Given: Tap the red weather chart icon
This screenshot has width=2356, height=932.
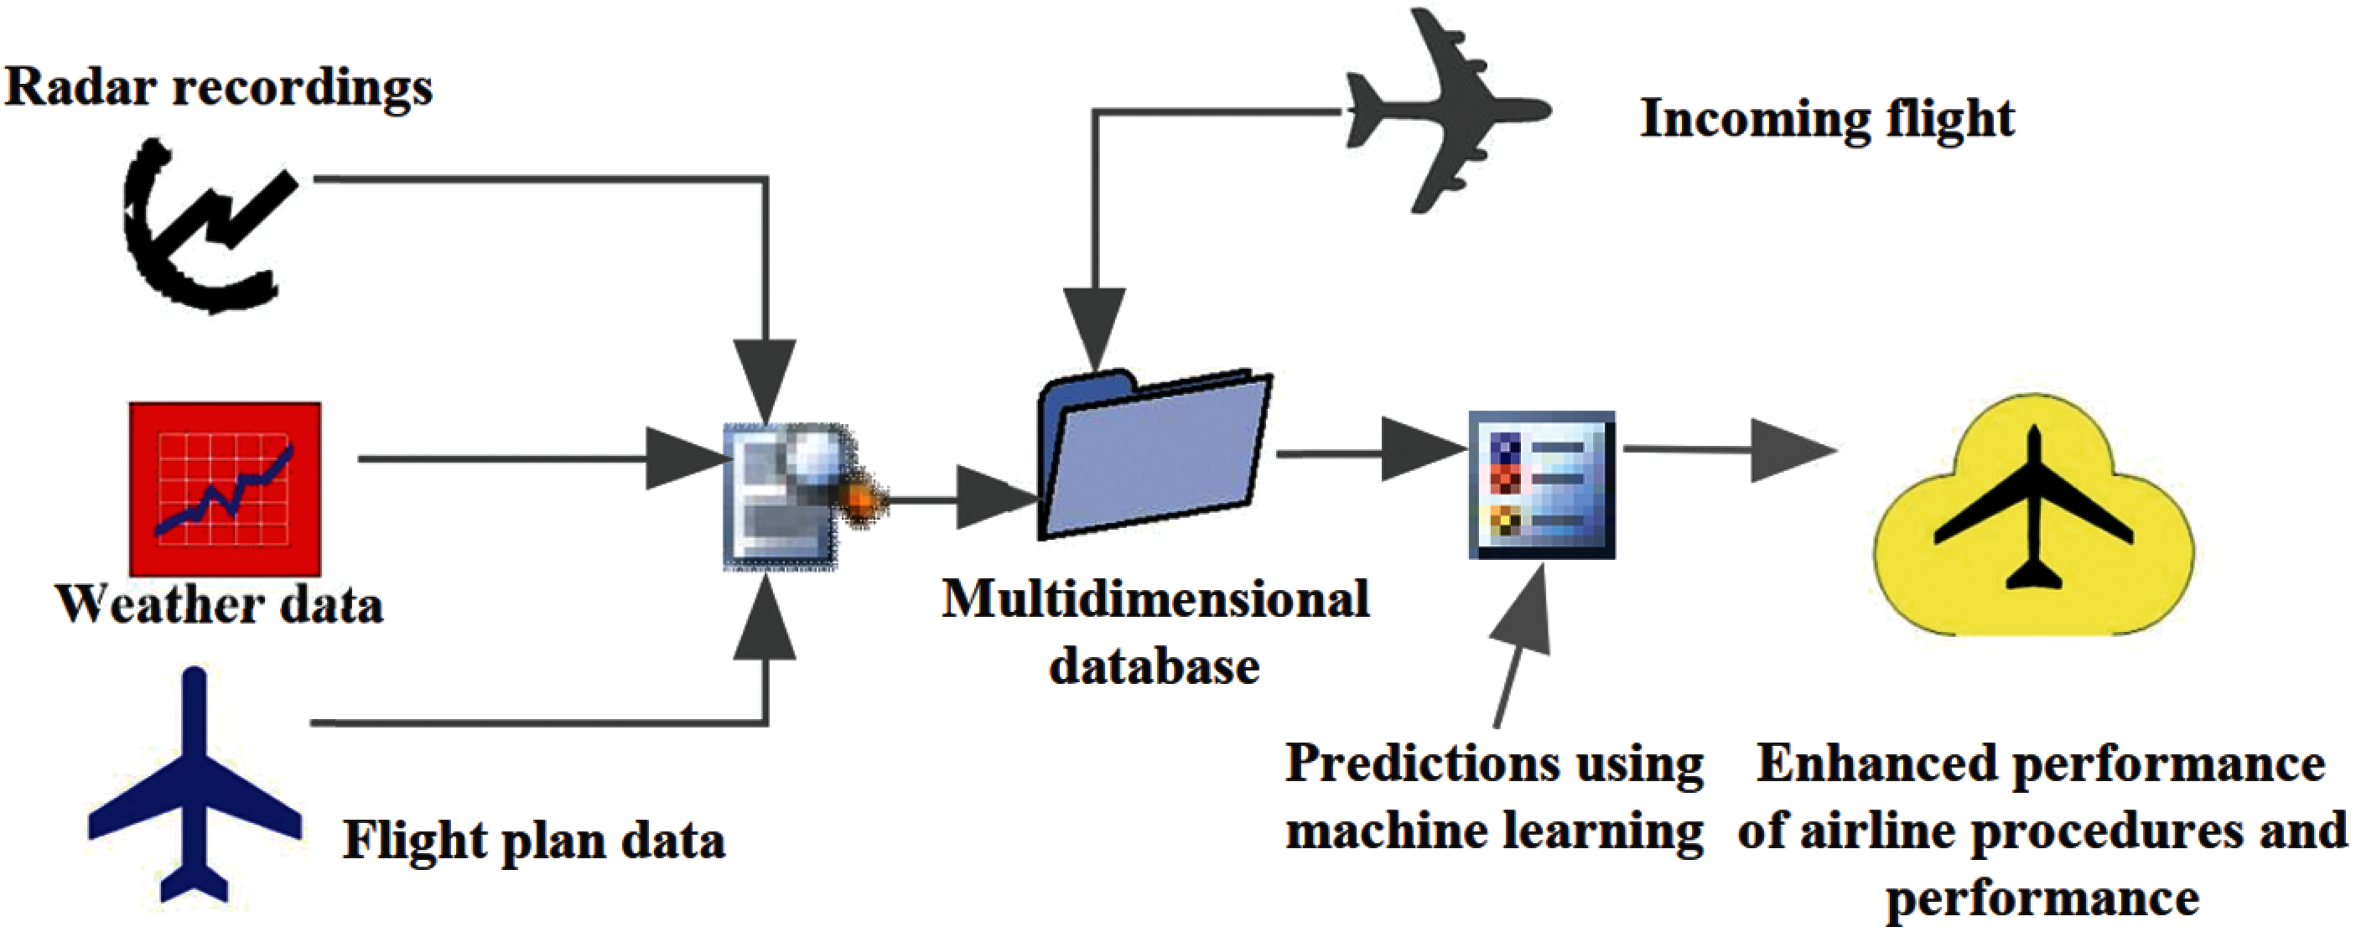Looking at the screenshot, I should pos(225,489).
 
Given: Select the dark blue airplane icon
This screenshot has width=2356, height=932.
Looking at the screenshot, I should pos(195,786).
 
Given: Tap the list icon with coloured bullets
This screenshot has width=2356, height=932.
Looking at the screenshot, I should pos(1542,484).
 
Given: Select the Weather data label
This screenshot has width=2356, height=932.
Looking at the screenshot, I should pos(220,605).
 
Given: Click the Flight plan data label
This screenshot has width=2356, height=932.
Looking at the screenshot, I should pos(534,841).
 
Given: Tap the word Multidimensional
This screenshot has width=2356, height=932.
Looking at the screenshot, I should pos(1155,601).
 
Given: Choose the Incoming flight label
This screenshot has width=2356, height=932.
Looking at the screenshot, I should pos(1826,120).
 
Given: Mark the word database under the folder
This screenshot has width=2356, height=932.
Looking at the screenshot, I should pos(1155,667).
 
